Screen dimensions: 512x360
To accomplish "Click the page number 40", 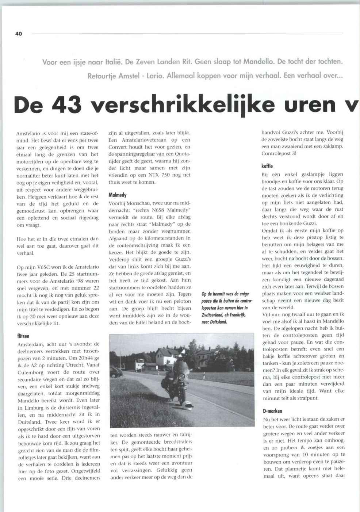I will (x=19, y=34).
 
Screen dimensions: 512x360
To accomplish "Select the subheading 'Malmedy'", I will (x=118, y=195).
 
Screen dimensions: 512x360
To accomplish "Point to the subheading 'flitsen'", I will (x=23, y=336).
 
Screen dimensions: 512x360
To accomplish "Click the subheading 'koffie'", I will (x=267, y=166).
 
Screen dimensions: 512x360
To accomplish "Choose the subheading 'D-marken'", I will (x=272, y=411).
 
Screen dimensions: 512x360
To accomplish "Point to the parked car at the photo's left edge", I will (x=116, y=372).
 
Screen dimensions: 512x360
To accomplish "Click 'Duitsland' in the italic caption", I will (x=218, y=322).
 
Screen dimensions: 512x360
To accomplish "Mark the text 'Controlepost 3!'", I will (x=279, y=153).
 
